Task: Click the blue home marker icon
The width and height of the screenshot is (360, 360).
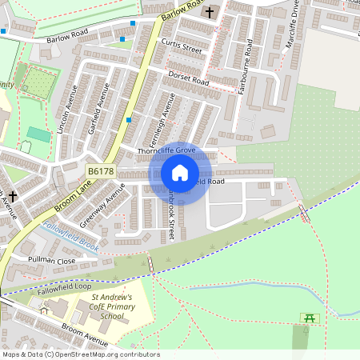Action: tap(180, 173)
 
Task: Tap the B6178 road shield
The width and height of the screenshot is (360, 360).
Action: tap(101, 171)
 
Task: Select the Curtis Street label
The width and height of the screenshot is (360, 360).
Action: tap(181, 47)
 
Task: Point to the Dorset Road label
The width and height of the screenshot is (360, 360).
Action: tap(188, 78)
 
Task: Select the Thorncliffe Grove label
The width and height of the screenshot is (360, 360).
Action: tap(167, 150)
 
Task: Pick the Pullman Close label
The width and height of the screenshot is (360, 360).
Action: tap(52, 261)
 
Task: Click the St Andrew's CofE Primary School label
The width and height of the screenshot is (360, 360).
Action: tap(102, 306)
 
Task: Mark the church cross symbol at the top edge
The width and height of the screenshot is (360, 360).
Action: tap(210, 12)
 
